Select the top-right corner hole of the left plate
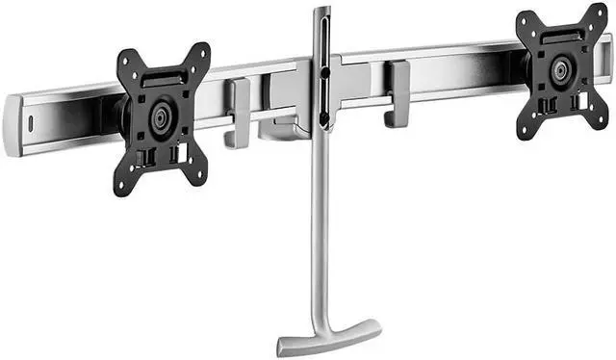[202, 51]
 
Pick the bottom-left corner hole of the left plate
[121, 187]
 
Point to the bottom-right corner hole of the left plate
[198, 176]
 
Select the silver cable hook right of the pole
[396, 93]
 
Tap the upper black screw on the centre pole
[325, 70]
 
